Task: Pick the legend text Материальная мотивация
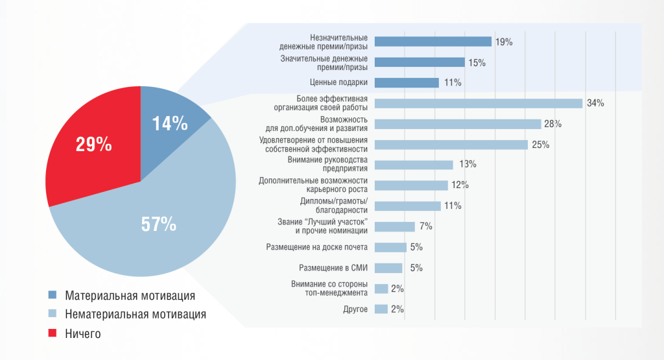point(130,296)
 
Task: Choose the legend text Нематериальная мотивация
point(136,315)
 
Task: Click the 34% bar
point(479,103)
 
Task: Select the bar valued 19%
point(433,42)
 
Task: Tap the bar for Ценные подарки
point(407,82)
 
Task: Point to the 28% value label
point(553,124)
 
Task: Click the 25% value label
point(540,145)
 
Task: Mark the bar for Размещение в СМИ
point(388,268)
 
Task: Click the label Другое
point(355,309)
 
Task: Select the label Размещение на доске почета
point(317,247)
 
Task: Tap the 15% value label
point(477,62)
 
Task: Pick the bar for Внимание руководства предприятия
point(414,165)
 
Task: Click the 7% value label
point(425,226)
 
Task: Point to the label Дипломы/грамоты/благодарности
point(334,206)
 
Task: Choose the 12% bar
point(411,186)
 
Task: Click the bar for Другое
point(381,309)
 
